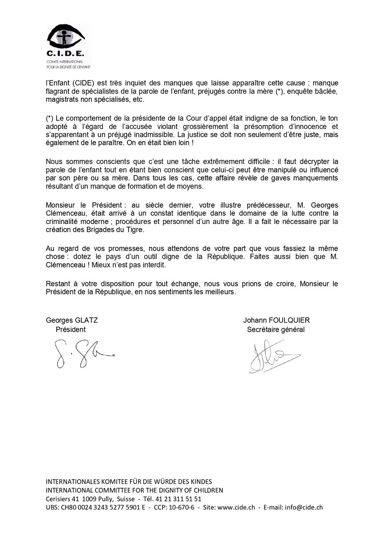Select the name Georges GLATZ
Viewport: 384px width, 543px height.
point(72,320)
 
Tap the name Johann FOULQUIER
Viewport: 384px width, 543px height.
point(276,320)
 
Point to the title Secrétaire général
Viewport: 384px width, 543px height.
point(276,329)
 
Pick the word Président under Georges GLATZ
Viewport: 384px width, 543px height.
point(70,329)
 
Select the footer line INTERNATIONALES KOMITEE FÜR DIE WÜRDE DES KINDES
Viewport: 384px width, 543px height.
point(129,481)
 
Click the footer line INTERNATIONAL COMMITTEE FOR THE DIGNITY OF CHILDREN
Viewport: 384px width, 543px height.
point(134,490)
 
